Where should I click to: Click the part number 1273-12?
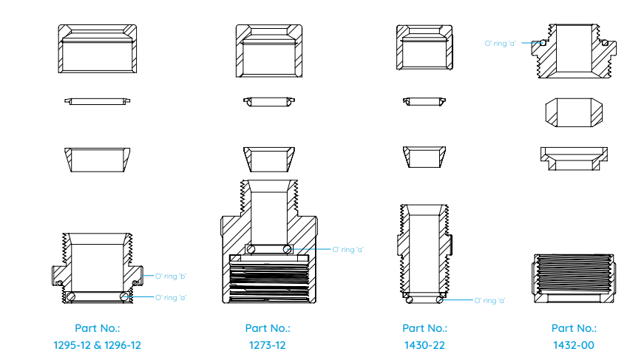(x=268, y=345)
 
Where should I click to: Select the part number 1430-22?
(x=424, y=345)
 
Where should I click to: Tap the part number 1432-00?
(x=573, y=345)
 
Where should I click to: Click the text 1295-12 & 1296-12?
(x=98, y=345)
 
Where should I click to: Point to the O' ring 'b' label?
(x=171, y=276)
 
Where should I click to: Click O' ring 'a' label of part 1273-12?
(x=348, y=250)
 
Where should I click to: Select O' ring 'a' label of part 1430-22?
(x=489, y=300)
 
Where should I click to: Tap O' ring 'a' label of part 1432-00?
(x=500, y=43)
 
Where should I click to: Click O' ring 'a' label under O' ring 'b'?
(x=171, y=298)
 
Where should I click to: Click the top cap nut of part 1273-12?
(x=269, y=51)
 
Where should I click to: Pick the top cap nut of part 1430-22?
(x=424, y=47)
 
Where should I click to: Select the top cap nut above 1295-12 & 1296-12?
(x=98, y=49)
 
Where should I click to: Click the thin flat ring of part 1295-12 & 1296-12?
(x=98, y=101)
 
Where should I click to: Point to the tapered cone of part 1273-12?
(x=269, y=159)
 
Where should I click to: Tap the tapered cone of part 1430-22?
(x=424, y=157)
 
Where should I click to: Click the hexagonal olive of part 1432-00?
(x=574, y=112)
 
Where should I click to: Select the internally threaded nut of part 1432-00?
(x=574, y=279)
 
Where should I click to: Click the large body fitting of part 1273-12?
(x=269, y=242)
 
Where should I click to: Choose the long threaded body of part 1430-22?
(x=424, y=254)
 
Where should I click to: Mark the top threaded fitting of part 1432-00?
(x=574, y=51)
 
